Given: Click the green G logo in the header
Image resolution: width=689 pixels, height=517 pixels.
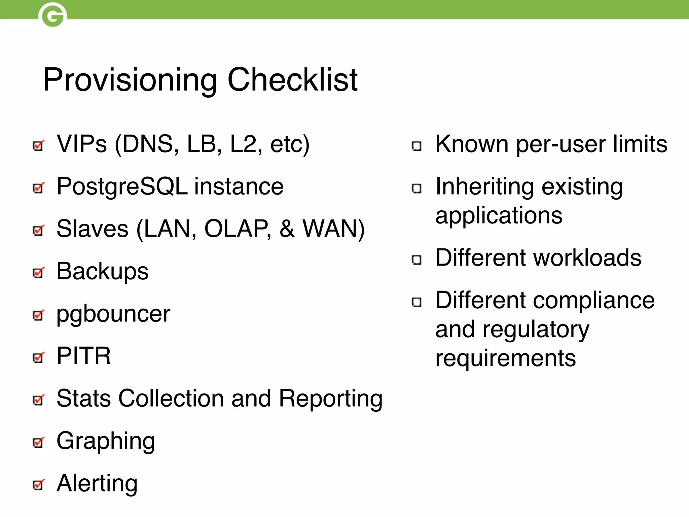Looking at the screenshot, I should click(53, 15).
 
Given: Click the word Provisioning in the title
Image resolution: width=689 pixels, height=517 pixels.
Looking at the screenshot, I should click(130, 80).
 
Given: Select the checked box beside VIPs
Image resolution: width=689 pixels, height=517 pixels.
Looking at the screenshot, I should click(38, 146).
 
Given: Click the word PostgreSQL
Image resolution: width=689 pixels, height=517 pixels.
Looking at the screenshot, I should click(122, 187).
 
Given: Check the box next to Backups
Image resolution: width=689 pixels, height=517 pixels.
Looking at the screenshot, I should click(38, 273).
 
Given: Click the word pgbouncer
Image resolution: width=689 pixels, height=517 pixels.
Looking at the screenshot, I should click(113, 314).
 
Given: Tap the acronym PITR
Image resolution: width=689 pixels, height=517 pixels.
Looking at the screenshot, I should click(83, 356).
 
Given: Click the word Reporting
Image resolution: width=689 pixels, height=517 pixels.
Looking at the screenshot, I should click(330, 399).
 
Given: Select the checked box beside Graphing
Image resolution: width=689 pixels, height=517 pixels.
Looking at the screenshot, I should click(38, 442).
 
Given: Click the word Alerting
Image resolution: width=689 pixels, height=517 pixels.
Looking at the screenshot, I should click(97, 483).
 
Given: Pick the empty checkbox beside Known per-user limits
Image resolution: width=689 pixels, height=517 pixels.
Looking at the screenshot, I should click(416, 146).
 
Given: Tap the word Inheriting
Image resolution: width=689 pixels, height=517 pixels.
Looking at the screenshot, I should click(484, 187).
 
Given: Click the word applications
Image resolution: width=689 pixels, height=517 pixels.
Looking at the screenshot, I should click(499, 215).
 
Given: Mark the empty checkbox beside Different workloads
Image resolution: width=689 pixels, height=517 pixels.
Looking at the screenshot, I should click(416, 260).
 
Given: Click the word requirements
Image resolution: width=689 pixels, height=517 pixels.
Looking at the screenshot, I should click(505, 358).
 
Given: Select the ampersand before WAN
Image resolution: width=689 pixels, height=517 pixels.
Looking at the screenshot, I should click(287, 229).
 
